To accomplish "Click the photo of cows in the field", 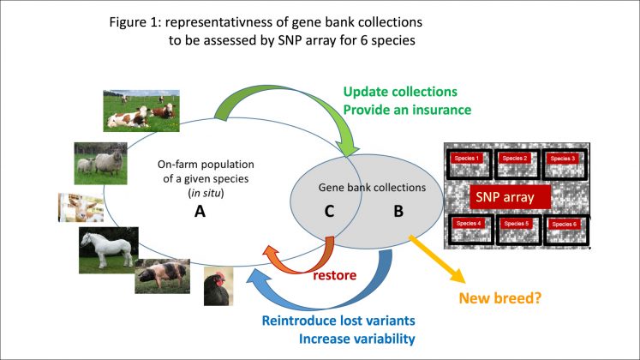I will coord(139,110).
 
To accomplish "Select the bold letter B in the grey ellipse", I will coord(398,211).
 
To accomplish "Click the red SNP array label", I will coord(505,197).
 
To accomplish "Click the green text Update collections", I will coord(401,92).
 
